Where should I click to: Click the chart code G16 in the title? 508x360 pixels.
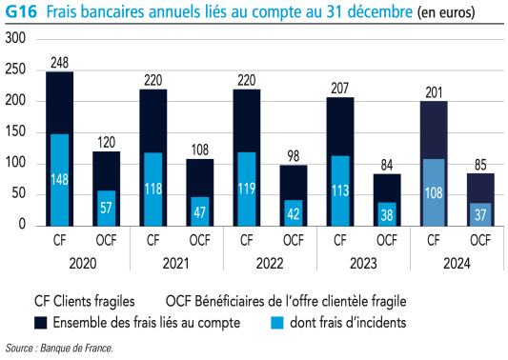point(20,13)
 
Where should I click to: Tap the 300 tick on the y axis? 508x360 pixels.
point(15,39)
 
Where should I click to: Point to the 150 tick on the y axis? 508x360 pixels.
point(15,132)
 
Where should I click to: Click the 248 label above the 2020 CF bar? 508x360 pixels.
point(60,63)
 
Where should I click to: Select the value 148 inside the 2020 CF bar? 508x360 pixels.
point(60,180)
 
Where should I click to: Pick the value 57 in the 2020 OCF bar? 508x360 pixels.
point(107,208)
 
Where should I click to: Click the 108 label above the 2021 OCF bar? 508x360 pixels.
point(200,150)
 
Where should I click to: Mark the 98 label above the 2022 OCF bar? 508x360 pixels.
point(294,156)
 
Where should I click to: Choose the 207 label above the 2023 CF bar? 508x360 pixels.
point(340,89)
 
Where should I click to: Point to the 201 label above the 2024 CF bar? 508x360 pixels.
point(434,92)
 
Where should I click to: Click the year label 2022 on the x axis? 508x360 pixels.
point(270,263)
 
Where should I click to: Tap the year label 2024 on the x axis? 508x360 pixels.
point(457,263)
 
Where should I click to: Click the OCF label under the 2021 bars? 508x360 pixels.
point(200,240)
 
